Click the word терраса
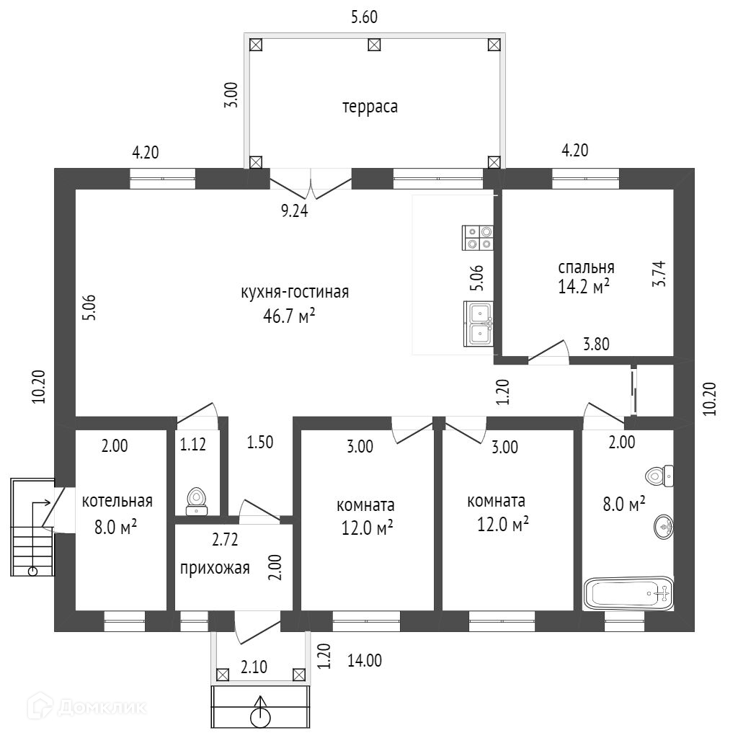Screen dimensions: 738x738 click(370, 107)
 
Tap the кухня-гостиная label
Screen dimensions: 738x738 click(295, 292)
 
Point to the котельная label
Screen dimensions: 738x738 click(117, 502)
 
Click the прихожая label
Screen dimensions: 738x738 click(215, 568)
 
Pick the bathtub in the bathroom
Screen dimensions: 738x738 click(628, 594)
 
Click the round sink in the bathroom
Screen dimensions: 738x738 click(664, 528)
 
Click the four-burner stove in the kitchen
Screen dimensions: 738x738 click(478, 238)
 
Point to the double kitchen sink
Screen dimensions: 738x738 click(478, 324)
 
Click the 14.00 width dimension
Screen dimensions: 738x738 click(365, 660)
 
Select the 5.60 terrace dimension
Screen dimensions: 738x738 click(365, 17)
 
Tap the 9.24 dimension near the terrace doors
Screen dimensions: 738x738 click(294, 211)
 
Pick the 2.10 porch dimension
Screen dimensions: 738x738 click(254, 667)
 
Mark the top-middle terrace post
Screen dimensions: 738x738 click(374, 45)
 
